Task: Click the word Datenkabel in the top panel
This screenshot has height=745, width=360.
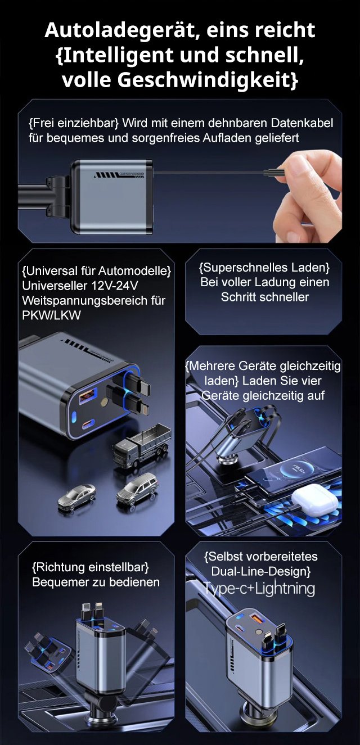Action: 302,123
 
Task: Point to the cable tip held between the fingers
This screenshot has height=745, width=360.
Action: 274,173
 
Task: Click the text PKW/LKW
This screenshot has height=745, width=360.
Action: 51,315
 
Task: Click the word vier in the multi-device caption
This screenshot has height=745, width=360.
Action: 312,381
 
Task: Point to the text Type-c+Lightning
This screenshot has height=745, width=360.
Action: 259,588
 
